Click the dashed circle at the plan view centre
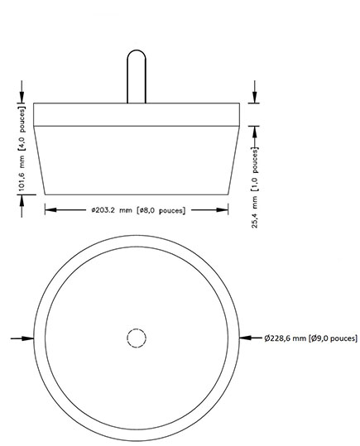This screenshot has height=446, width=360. (136, 338)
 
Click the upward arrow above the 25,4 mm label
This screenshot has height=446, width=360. (256, 130)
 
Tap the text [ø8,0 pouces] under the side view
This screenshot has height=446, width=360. (161, 209)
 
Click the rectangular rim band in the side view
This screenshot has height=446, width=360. (136, 114)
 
